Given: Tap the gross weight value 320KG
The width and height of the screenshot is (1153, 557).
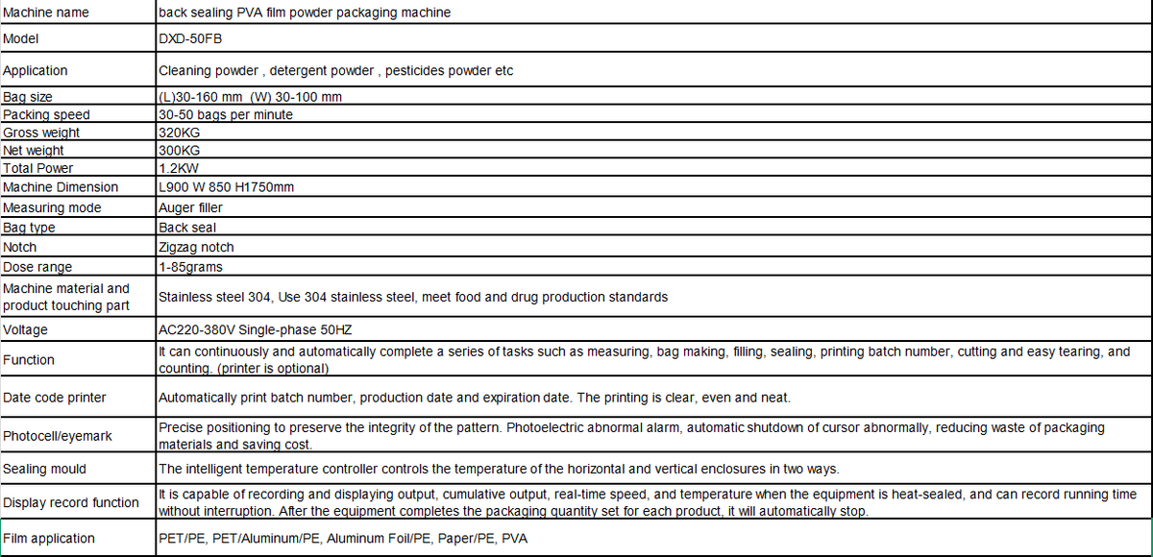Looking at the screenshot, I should pos(181,133).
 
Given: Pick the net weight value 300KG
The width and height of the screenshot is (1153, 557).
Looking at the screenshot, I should pos(181,150).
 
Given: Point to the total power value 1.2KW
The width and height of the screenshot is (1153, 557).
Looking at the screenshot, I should pos(180,168).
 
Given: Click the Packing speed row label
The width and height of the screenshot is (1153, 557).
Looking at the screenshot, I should pos(46,114).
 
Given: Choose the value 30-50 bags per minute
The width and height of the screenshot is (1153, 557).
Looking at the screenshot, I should pos(226,114).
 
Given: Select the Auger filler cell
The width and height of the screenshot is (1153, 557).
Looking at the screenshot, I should pos(190,207).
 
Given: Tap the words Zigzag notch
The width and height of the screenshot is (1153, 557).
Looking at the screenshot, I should pos(196,247).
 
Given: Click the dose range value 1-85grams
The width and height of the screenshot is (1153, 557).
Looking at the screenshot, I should pos(190,267).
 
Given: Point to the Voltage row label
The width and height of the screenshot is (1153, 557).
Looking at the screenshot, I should pos(26,329).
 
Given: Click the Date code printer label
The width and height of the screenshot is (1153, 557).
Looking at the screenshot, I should pos(55,397).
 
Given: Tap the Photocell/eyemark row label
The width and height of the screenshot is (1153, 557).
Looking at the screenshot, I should pos(58,436).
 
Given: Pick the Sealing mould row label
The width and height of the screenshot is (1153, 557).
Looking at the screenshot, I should pos(45,469).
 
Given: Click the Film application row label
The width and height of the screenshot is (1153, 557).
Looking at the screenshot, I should pos(49,539).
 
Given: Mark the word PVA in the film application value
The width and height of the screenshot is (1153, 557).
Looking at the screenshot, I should pos(514,539).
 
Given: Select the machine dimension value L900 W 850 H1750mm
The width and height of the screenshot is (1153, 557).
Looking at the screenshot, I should pos(226,187).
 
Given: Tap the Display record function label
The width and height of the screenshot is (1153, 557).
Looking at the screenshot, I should pos(71,502).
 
